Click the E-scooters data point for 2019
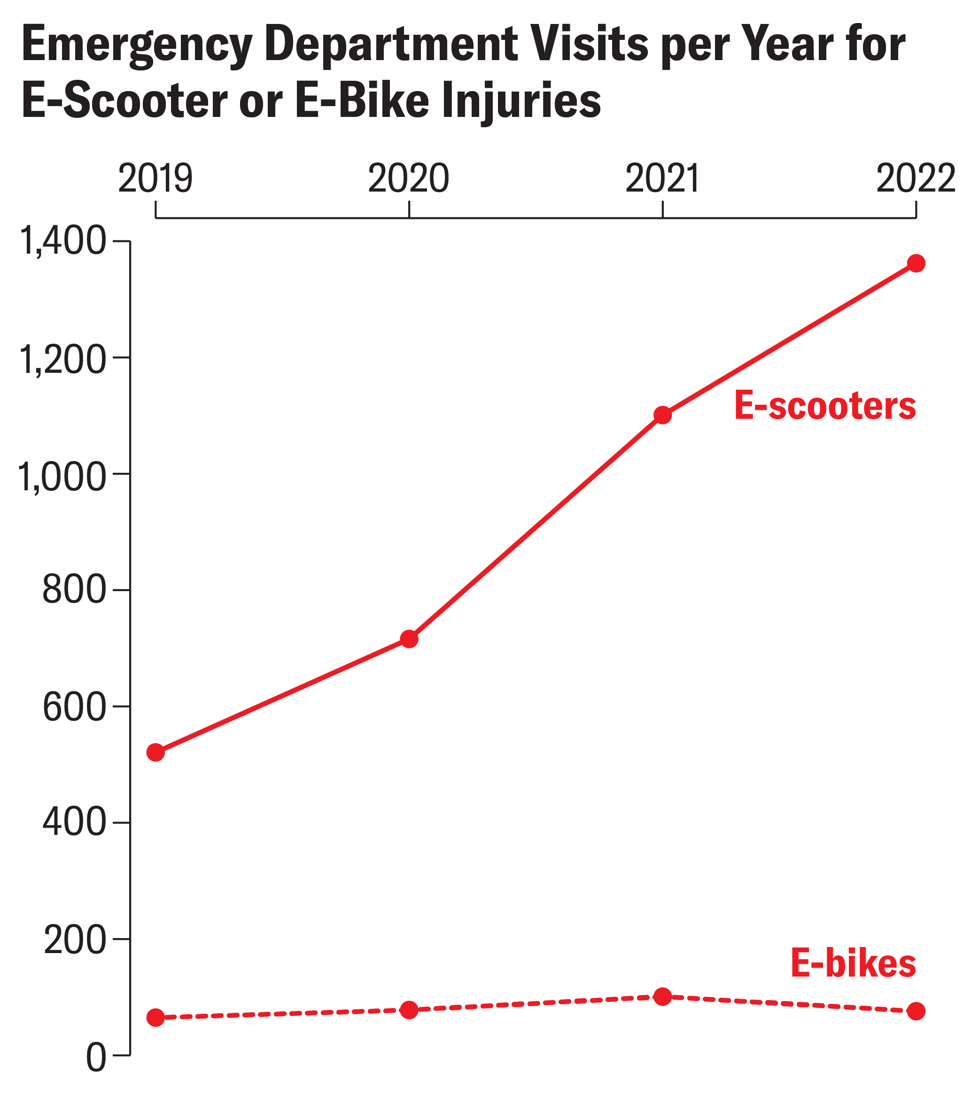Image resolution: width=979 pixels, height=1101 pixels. pyautogui.click(x=155, y=753)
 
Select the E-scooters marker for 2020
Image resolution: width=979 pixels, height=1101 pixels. pyautogui.click(x=409, y=639)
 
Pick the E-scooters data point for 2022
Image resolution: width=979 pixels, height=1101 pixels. pyautogui.click(x=916, y=263)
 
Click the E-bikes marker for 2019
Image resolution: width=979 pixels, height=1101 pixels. pyautogui.click(x=155, y=1017)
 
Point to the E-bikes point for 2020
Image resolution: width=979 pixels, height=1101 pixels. pyautogui.click(x=409, y=1010)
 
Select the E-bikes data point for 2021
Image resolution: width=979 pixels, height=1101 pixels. pyautogui.click(x=662, y=996)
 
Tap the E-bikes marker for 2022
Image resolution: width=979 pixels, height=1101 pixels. pyautogui.click(x=916, y=1011)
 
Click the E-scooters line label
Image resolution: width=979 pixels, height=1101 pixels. pyautogui.click(x=825, y=406)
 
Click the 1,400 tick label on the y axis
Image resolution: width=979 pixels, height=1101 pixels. pyautogui.click(x=62, y=241)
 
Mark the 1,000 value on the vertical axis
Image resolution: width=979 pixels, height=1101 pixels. pyautogui.click(x=62, y=476)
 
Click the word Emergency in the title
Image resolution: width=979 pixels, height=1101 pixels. pyautogui.click(x=137, y=46)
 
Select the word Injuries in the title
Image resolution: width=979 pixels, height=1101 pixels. pyautogui.click(x=521, y=101)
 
